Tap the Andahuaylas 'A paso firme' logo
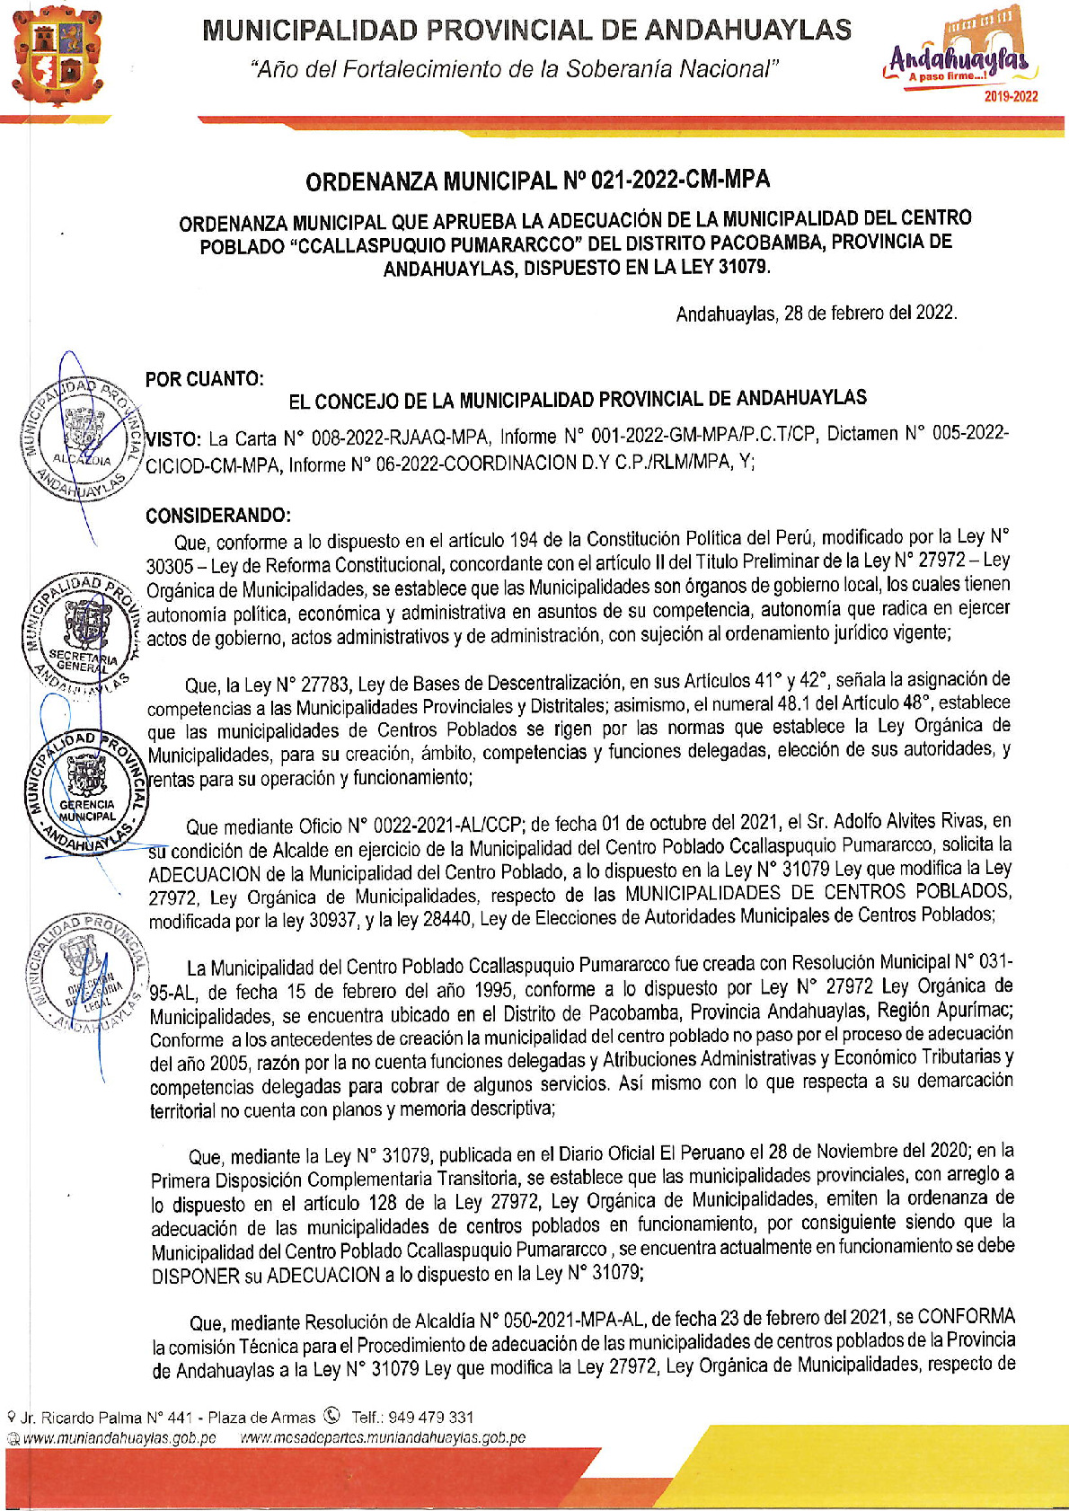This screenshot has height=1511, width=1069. [957, 53]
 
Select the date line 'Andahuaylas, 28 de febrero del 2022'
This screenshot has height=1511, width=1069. [816, 314]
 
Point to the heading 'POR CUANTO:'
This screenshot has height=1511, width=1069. [204, 379]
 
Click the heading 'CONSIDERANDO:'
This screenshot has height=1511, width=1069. [218, 516]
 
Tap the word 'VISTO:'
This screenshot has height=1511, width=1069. [174, 439]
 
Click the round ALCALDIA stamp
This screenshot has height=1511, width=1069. [81, 437]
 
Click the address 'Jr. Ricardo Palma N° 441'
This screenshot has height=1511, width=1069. [108, 1418]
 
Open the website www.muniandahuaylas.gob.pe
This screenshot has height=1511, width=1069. [119, 1437]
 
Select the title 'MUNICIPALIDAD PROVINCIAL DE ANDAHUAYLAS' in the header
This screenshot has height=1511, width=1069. [526, 31]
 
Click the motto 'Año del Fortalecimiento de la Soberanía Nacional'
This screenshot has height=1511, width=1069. [514, 69]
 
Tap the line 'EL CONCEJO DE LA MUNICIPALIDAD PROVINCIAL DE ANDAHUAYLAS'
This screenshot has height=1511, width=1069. [577, 400]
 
